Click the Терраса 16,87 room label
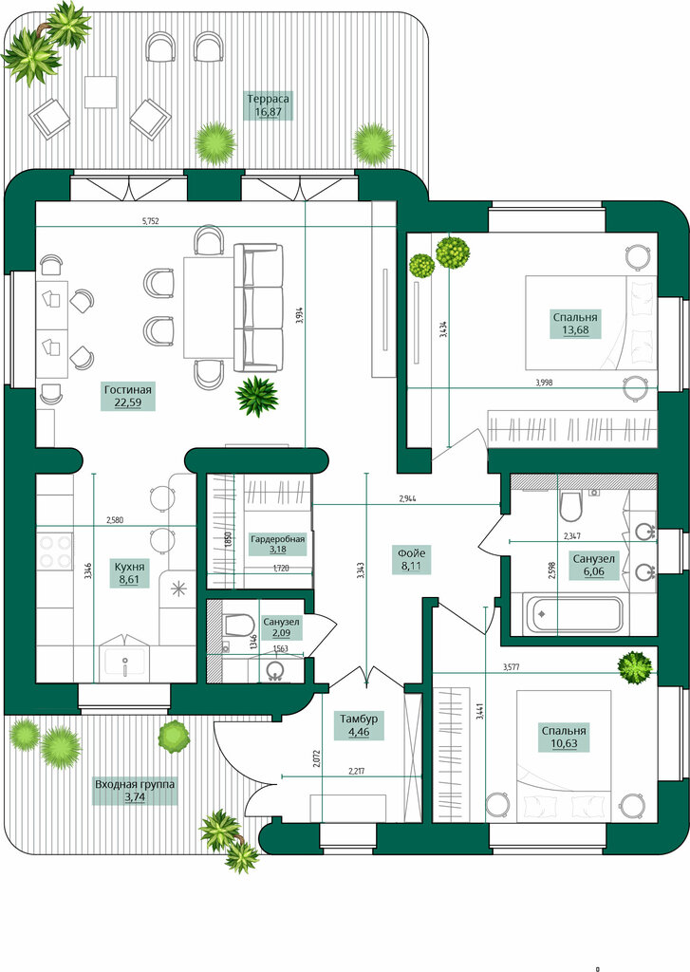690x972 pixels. click(268, 105)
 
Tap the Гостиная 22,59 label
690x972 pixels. click(128, 397)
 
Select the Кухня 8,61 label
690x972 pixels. click(130, 573)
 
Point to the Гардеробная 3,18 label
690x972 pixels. click(278, 544)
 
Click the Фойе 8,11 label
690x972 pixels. click(411, 559)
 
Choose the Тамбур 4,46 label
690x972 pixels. click(359, 726)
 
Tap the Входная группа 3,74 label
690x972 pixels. click(135, 791)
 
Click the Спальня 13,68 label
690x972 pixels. click(575, 324)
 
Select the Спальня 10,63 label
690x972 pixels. click(564, 737)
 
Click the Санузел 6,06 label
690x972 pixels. click(593, 566)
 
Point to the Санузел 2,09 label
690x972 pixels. click(281, 627)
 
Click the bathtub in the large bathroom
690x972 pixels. click(572, 614)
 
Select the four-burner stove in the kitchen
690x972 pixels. click(54, 551)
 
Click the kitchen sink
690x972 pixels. click(124, 663)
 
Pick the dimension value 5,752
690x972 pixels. click(151, 220)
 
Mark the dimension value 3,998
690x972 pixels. click(544, 383)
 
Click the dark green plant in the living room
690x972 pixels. click(256, 396)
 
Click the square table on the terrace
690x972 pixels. click(101, 92)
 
